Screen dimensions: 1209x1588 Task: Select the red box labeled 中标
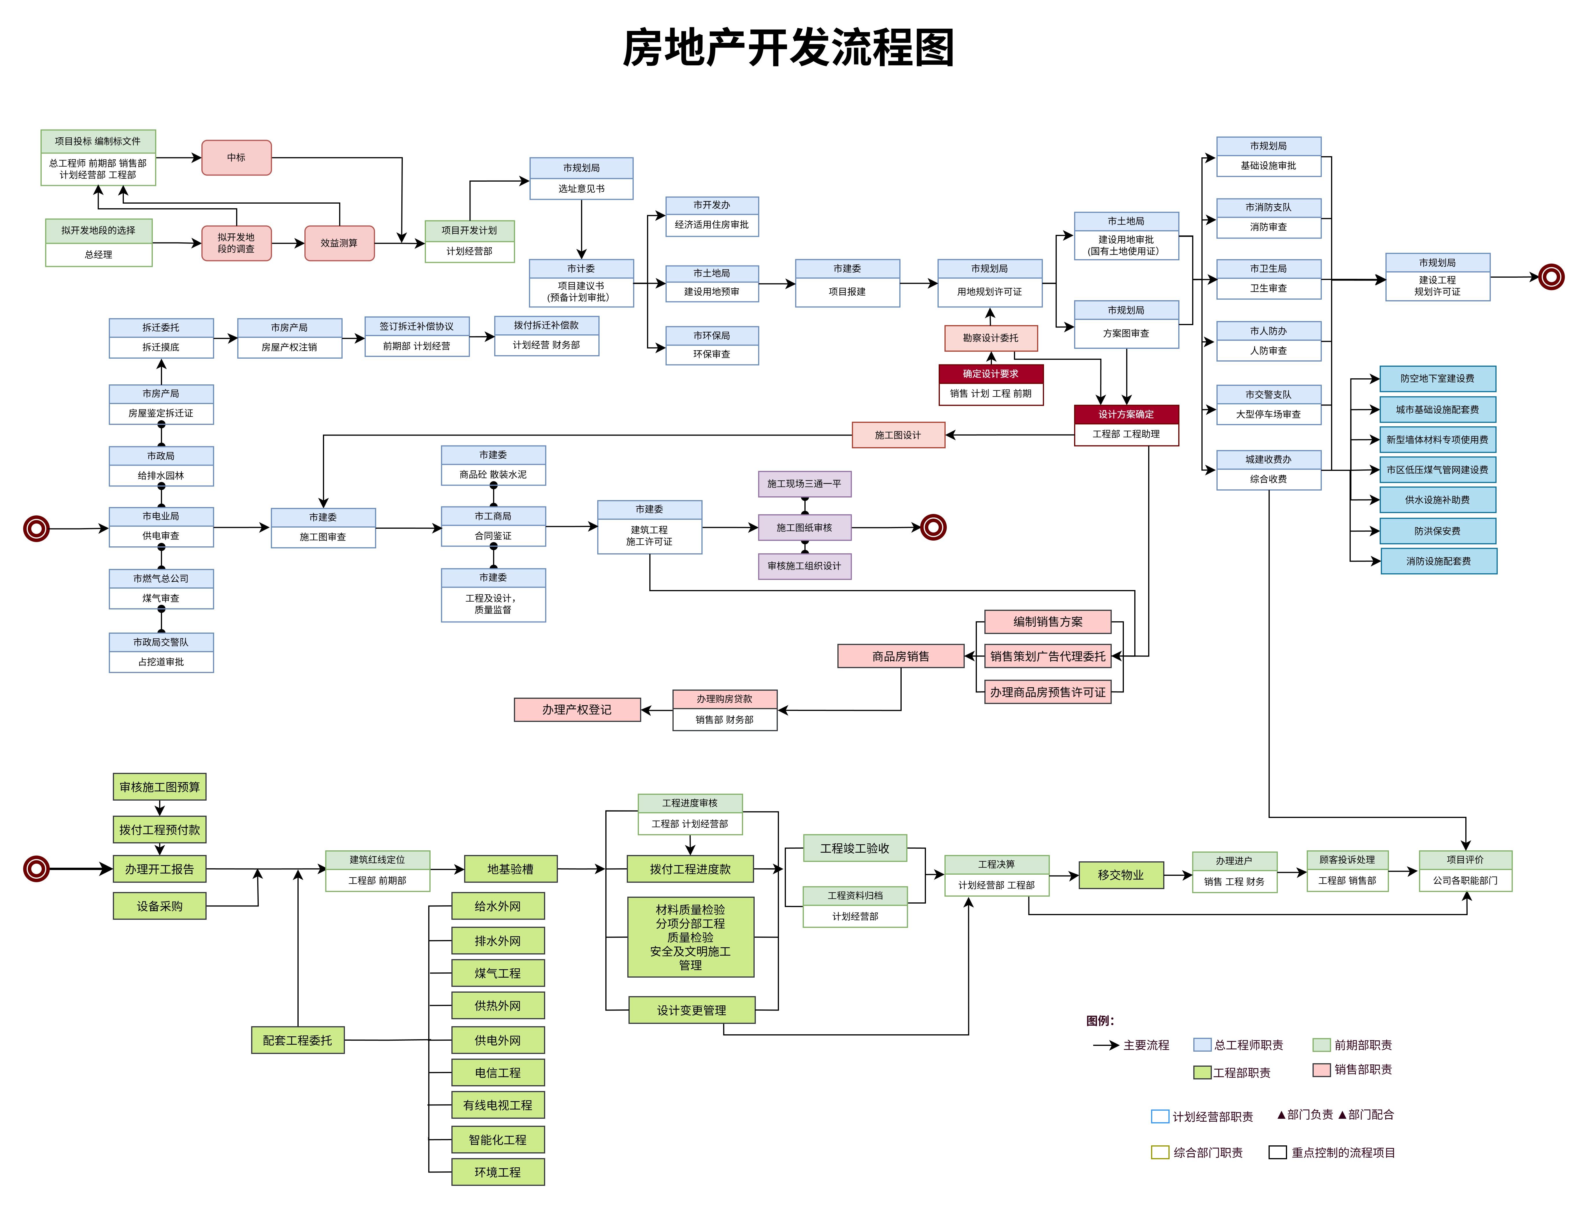click(236, 158)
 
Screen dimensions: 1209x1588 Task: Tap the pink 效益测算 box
click(339, 243)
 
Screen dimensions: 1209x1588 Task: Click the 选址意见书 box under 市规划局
click(581, 189)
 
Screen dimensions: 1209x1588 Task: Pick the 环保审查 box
click(711, 354)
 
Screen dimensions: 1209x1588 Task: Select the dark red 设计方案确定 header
click(1126, 414)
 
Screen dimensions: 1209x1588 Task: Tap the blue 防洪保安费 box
click(1437, 531)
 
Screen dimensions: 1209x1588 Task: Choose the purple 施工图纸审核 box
click(804, 528)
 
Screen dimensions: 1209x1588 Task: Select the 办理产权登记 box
click(577, 709)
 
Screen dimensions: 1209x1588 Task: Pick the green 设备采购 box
click(159, 906)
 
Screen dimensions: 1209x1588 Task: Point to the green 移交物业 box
click(1120, 875)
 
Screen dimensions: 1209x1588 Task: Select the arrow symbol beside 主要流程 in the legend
click(1105, 1045)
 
